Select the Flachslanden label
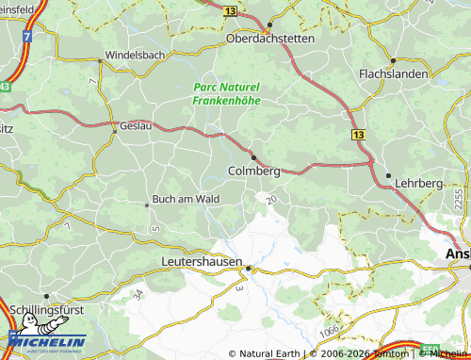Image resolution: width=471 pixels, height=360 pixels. pos(394,73)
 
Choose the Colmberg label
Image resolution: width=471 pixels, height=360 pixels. pos(254,172)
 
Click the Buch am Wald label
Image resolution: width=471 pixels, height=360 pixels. pos(186,199)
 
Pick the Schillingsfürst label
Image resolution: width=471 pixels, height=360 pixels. pos(51,309)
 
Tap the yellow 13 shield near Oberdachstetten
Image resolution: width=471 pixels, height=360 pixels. pos(257,9)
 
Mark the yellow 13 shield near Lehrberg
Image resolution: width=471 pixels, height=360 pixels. pos(359,136)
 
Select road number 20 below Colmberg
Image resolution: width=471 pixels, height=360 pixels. pos(271,200)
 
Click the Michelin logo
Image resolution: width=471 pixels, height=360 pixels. pos(48,340)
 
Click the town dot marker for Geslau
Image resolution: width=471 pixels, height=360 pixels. pos(115,132)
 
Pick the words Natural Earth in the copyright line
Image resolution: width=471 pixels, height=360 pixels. pos(271,353)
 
